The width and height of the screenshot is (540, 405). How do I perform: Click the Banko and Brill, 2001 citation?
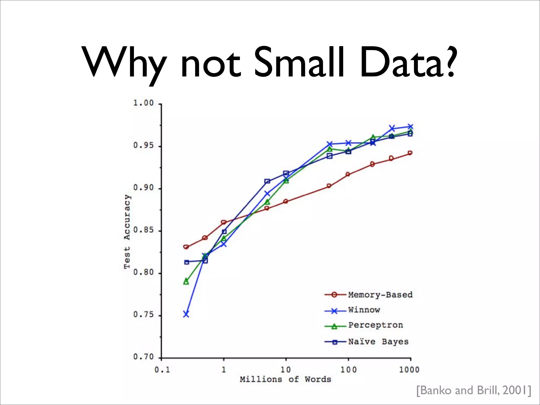tap(474, 390)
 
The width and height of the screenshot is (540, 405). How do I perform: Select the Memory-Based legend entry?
tap(380, 295)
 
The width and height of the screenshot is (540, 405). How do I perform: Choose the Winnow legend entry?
tap(364, 310)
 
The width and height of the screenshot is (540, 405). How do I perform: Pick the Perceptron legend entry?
tap(375, 325)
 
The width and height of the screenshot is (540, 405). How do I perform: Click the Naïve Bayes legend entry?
tap(378, 342)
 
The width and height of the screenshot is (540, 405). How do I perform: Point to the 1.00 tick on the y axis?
tap(143, 103)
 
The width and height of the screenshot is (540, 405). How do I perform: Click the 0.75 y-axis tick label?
tap(143, 315)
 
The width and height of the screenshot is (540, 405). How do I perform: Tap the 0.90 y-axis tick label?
tap(143, 188)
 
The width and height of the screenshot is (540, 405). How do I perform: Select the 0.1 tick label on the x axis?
tap(162, 370)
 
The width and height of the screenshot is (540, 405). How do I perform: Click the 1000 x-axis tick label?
tap(409, 370)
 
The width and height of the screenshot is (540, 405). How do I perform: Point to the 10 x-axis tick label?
tap(286, 370)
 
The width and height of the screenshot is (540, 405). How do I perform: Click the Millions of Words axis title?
tap(285, 379)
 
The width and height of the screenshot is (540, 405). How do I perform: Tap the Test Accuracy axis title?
tap(127, 232)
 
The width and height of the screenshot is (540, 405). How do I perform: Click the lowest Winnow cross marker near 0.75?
tap(186, 314)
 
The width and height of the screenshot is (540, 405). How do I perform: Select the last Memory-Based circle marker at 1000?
tap(410, 153)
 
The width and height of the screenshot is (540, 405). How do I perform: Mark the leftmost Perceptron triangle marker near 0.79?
tap(186, 281)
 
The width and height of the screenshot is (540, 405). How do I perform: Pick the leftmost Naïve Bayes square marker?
tap(187, 262)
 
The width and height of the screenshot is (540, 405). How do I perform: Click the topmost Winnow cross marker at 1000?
tap(410, 127)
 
